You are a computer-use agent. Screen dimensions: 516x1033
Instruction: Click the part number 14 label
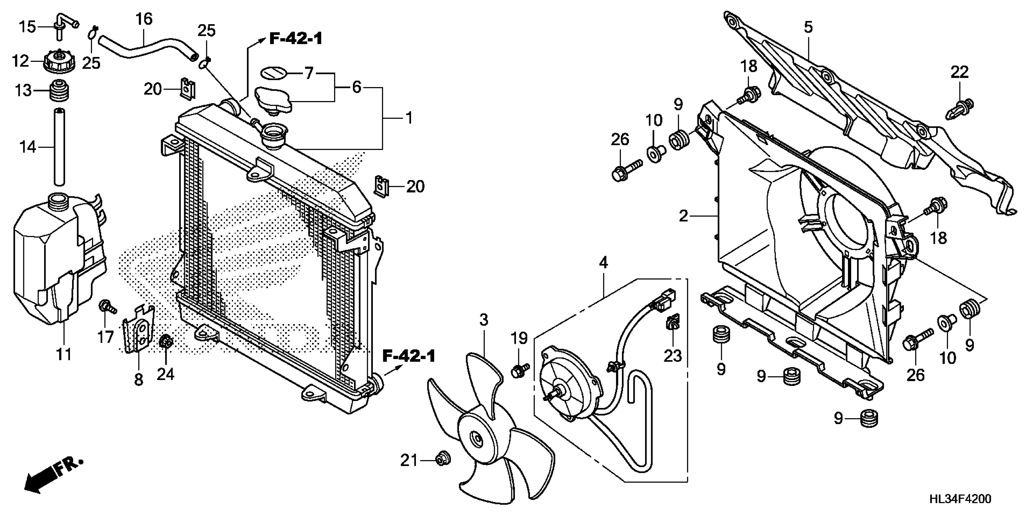click(28, 148)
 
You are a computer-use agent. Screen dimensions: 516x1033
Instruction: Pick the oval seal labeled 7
click(273, 73)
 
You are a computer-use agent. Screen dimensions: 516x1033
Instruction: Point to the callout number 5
click(808, 27)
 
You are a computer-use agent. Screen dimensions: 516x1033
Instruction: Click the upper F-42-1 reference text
click(296, 39)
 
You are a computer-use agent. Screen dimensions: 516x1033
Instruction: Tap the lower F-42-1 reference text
click(409, 356)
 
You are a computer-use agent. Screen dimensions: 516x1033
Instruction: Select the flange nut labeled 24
click(166, 342)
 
